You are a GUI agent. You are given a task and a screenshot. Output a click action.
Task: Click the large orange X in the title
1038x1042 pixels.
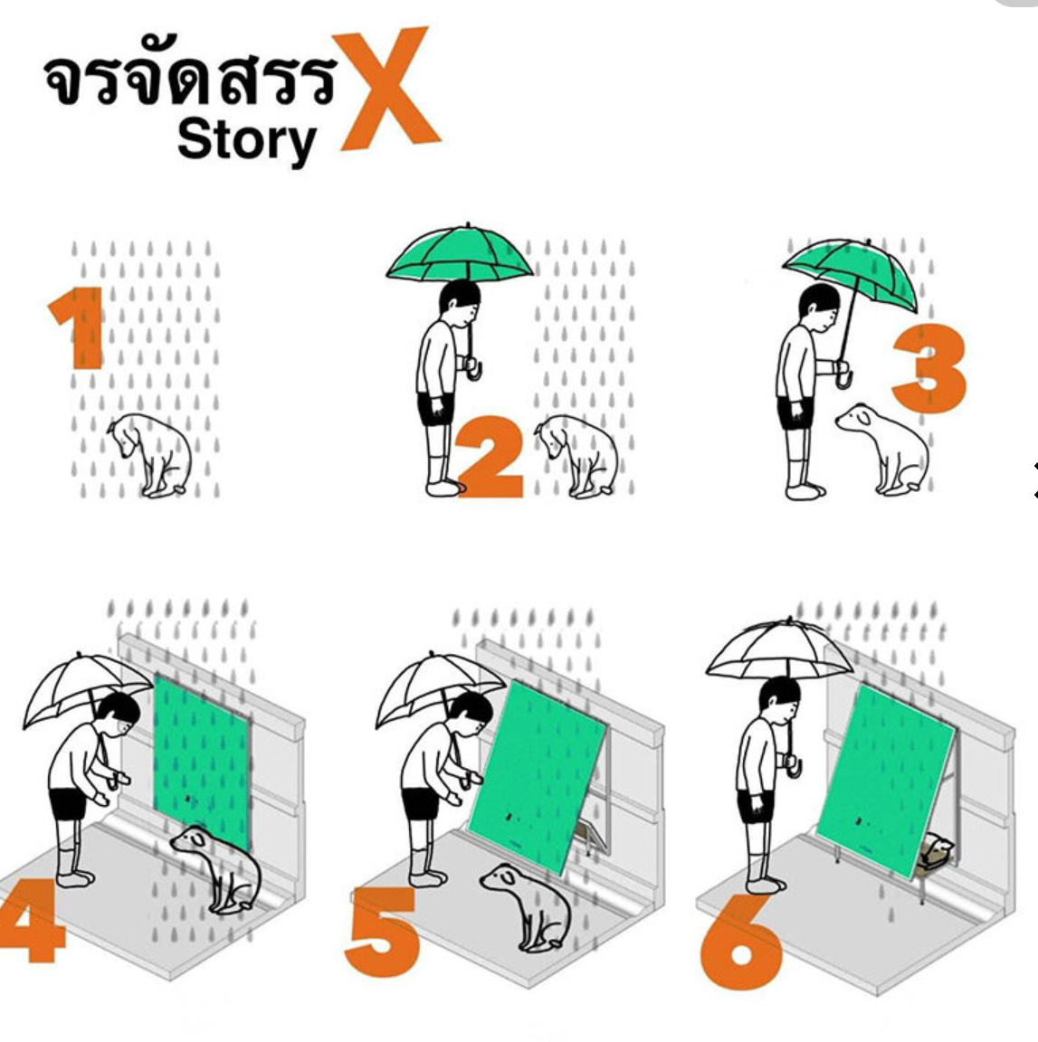[387, 89]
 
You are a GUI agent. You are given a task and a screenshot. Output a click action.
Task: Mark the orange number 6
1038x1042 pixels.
[740, 942]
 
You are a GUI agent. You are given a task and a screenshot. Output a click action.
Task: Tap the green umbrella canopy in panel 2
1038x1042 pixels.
[460, 254]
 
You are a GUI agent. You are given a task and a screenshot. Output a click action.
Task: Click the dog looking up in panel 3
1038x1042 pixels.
[884, 448]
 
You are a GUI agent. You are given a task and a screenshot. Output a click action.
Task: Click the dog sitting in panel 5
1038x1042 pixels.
[529, 905]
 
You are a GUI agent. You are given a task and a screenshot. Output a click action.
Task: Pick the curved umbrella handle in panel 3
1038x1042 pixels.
[843, 374]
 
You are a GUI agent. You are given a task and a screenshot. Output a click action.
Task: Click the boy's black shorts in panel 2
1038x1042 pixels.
[435, 408]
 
